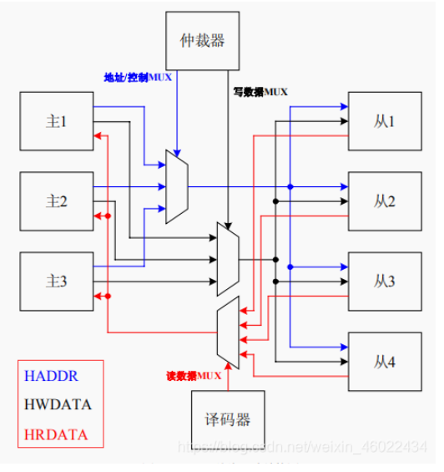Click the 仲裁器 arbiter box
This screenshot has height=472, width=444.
[203, 38]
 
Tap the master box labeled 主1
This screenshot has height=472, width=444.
[55, 122]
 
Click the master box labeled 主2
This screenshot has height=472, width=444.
[55, 201]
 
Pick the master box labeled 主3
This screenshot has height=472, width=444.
[55, 281]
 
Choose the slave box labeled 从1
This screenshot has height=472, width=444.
[384, 122]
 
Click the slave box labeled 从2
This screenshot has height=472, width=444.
[384, 201]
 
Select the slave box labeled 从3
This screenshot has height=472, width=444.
[384, 281]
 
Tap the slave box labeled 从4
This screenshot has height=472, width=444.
[384, 361]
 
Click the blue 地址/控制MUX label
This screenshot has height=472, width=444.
[137, 77]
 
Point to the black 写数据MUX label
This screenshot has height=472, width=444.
[259, 92]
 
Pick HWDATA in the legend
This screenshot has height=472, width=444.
[57, 405]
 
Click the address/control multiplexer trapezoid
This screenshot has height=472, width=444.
[176, 186]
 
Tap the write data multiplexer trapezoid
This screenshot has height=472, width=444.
[227, 259]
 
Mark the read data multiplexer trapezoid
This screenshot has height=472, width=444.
[227, 334]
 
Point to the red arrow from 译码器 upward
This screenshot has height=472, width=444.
[227, 379]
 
